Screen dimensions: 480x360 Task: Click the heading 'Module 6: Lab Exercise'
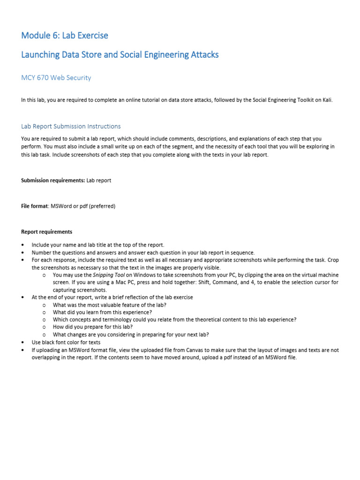click(65, 36)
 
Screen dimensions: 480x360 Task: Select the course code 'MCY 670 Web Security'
click(56, 78)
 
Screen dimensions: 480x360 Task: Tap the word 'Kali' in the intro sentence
click(327, 100)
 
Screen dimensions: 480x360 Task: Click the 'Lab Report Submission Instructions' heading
click(71, 127)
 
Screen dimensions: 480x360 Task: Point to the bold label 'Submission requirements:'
click(53, 180)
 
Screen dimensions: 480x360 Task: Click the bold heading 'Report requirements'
click(47, 232)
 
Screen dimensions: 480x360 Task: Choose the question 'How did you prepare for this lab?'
click(93, 327)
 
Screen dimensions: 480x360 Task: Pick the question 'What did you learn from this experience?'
click(102, 312)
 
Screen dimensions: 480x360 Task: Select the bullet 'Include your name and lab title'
click(98, 245)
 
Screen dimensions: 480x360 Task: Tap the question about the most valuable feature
click(110, 305)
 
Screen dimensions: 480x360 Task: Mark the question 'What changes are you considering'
click(131, 335)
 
